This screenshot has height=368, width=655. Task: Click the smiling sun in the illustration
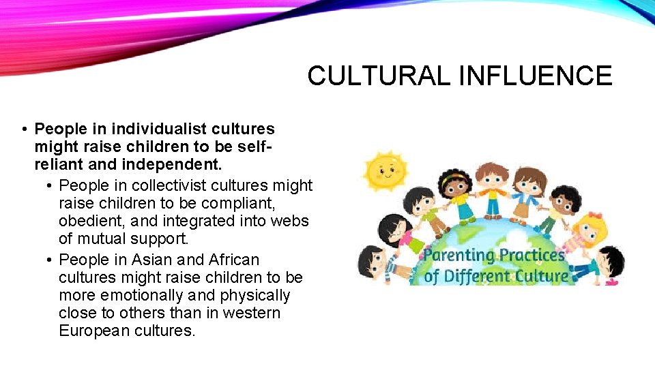tap(385, 170)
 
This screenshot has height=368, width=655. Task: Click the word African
tap(234, 260)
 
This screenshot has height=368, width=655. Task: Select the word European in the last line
tap(95, 331)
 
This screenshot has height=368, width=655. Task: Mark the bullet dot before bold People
tap(24, 129)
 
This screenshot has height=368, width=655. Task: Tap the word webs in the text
tap(293, 221)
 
